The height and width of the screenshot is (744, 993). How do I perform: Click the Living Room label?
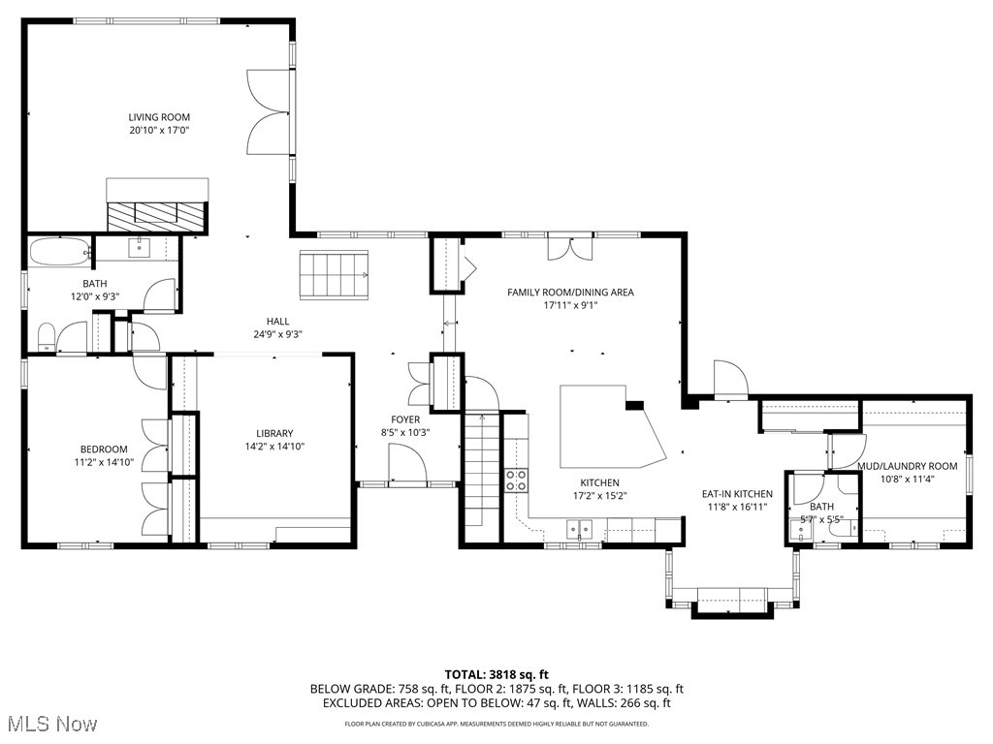pos(159,117)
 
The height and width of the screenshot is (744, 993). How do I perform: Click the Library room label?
pos(274,433)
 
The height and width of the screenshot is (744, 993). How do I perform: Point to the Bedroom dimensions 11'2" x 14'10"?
pos(104,462)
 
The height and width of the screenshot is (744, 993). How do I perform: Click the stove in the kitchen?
pos(516,479)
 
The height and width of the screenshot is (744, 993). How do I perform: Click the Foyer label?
pos(405,419)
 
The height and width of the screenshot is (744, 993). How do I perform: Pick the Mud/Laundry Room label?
pos(907,466)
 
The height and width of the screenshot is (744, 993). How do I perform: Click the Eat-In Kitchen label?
pos(737,494)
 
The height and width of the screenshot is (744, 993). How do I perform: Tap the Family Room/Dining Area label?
pos(570,292)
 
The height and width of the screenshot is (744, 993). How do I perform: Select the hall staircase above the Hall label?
pos(334,275)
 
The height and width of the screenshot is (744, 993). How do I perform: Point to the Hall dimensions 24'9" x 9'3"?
pos(278,335)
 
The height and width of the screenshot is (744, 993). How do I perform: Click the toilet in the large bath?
pos(46,338)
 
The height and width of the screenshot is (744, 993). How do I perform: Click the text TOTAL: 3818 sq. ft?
pos(496,674)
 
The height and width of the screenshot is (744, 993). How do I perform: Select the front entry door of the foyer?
pos(406,464)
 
